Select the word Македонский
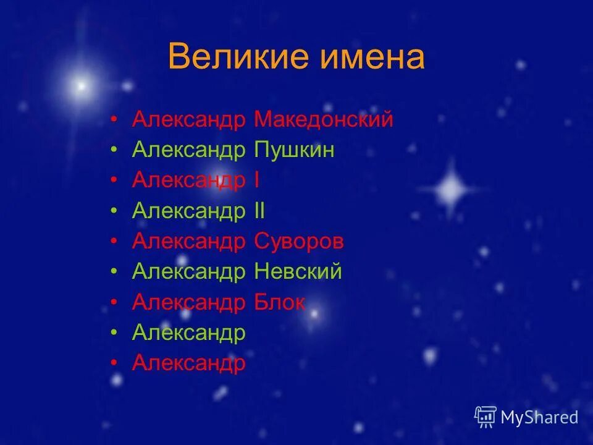(x=324, y=119)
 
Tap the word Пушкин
(x=294, y=150)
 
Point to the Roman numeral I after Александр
(x=256, y=180)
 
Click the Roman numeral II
(x=259, y=211)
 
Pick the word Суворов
(x=299, y=241)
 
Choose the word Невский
(x=298, y=271)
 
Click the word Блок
(x=280, y=302)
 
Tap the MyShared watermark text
(x=539, y=417)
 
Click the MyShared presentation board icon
(x=486, y=417)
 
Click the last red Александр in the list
(x=188, y=363)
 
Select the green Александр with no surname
(x=188, y=333)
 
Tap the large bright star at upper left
(x=80, y=86)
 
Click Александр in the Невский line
(x=188, y=271)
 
